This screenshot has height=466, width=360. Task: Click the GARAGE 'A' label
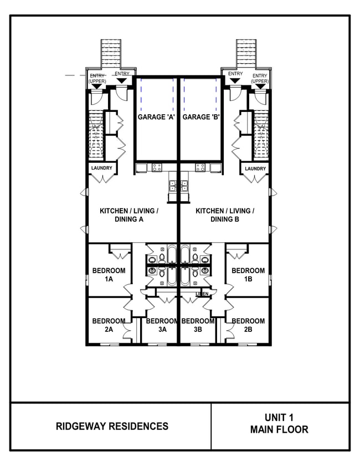(156, 117)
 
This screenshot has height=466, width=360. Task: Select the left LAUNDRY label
(102, 168)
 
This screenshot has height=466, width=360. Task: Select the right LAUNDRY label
(255, 168)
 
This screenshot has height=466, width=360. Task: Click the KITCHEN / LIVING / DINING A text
(130, 215)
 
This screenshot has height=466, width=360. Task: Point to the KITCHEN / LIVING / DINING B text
(225, 215)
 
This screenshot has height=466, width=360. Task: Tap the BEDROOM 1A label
(109, 275)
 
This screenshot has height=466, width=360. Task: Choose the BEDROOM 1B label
(248, 275)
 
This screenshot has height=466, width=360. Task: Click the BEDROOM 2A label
(109, 325)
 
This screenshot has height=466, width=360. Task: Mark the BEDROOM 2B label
(248, 325)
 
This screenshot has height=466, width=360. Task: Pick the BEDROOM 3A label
(162, 325)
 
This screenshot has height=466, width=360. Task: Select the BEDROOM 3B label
(198, 325)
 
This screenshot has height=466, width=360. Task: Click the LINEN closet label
(202, 294)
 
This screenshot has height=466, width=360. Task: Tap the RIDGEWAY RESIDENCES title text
(112, 426)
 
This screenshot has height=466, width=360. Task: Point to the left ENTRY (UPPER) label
(97, 78)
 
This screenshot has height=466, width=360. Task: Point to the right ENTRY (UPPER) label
(259, 78)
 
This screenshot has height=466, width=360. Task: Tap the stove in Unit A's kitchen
(157, 167)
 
